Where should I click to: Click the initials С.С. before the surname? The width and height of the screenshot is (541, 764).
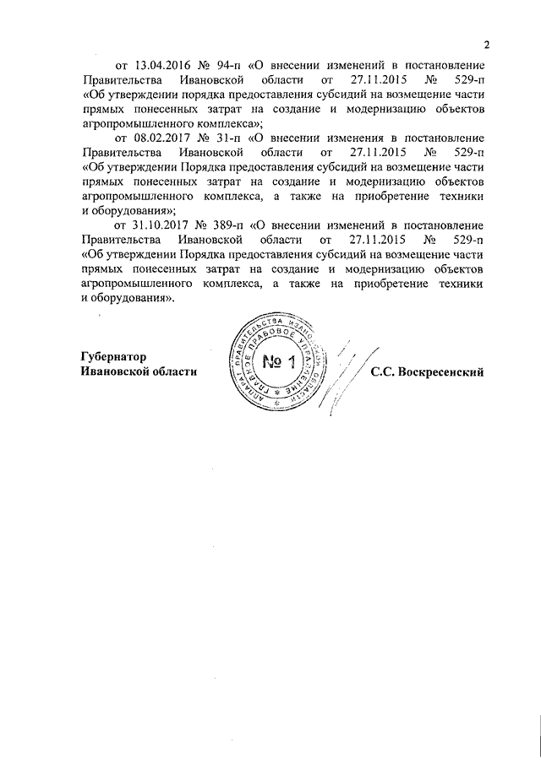click(381, 372)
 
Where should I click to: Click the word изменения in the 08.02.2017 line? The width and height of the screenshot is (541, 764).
click(334, 138)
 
